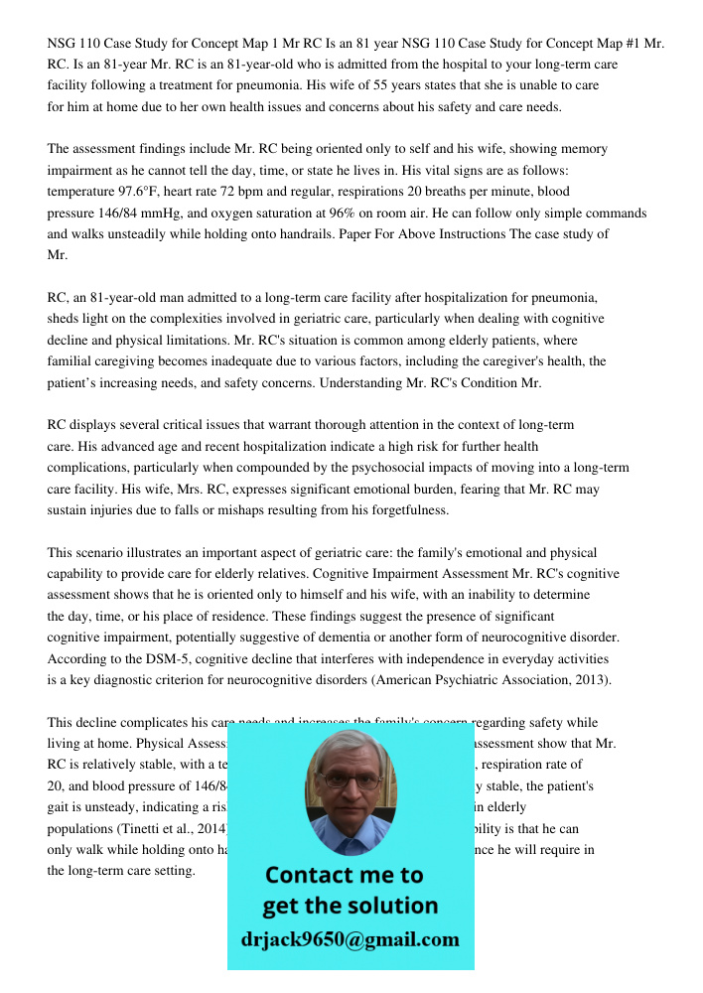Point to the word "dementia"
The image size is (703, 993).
[360, 638]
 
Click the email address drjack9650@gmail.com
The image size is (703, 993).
[351, 938]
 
